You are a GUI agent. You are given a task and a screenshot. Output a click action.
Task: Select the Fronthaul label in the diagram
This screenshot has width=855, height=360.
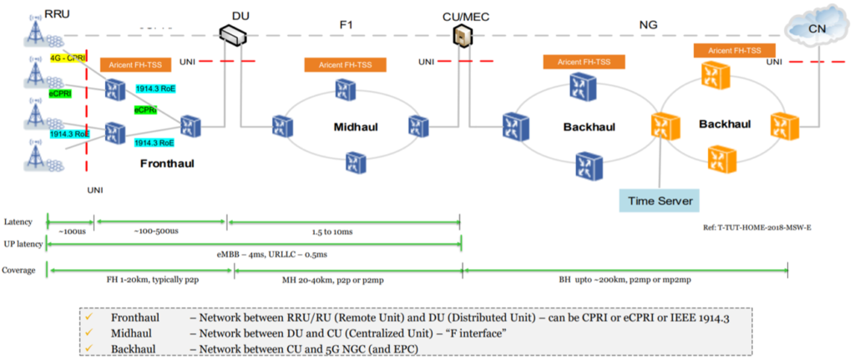pos(167,164)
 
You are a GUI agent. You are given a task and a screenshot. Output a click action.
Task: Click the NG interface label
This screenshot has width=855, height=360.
pos(648,26)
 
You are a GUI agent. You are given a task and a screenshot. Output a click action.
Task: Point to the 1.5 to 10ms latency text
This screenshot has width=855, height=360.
pos(345,230)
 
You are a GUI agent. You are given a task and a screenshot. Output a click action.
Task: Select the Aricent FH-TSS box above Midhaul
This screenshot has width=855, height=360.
pos(344,64)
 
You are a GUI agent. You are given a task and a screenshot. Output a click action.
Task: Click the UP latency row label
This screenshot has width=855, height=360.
pos(23,243)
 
